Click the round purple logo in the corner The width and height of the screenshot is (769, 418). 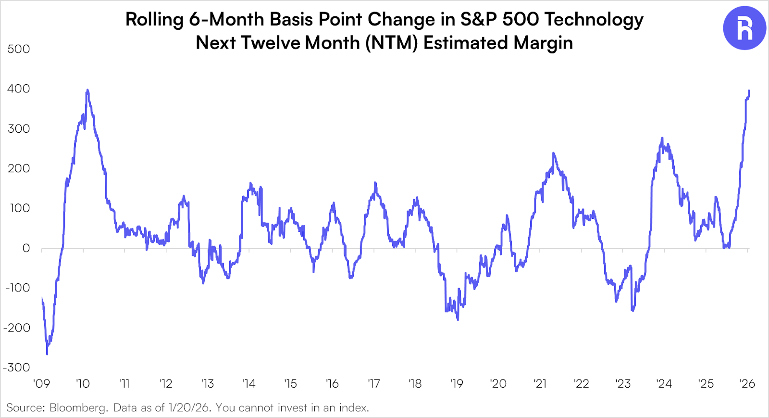[744, 28]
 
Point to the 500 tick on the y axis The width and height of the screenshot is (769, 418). [19, 49]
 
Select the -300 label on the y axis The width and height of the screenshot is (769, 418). [17, 367]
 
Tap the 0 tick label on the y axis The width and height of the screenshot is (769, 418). [26, 248]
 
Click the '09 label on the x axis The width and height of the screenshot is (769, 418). [41, 384]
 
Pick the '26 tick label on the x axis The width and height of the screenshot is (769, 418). [747, 384]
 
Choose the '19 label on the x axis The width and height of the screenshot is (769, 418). [457, 384]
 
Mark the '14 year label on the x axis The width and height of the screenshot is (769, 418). [248, 384]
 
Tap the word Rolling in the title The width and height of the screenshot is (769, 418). [154, 20]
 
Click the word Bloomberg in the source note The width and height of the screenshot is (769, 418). [78, 408]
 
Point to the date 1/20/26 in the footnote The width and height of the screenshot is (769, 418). [189, 408]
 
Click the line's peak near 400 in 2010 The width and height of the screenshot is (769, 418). [87, 90]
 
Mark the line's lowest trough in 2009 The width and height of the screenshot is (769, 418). [47, 354]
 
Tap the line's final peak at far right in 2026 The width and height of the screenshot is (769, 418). [749, 90]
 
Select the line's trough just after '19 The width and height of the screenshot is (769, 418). [458, 320]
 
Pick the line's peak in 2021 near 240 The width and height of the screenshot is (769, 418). [554, 153]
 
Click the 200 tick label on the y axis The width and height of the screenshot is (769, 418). [19, 168]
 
